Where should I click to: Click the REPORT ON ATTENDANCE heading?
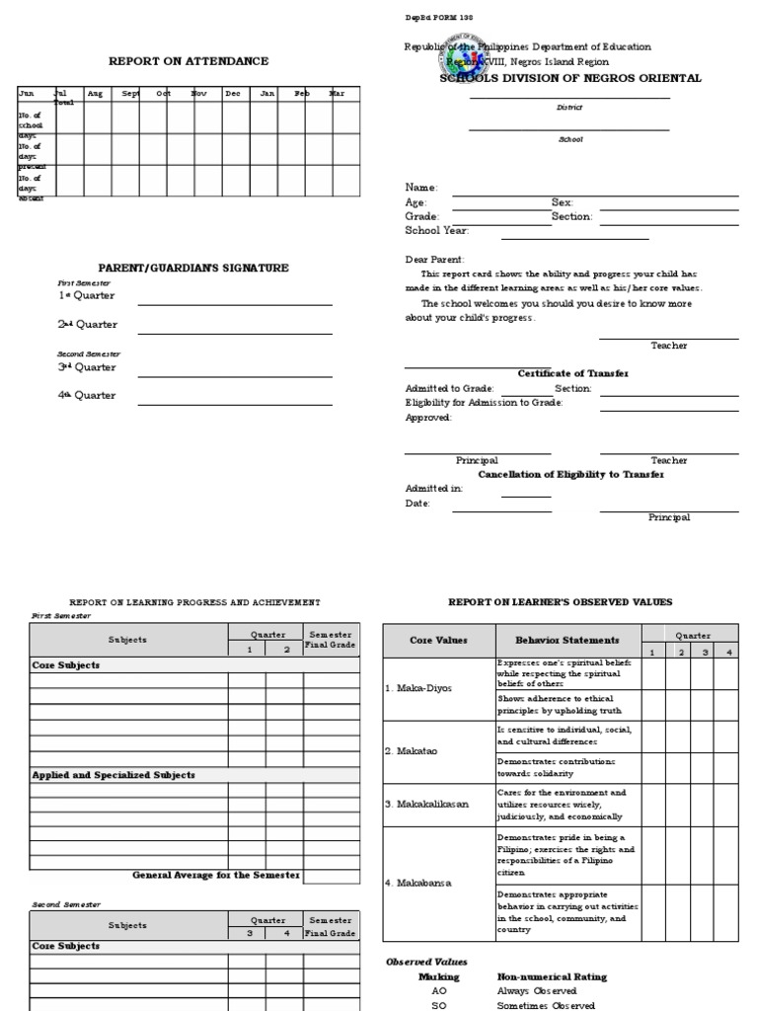(189, 61)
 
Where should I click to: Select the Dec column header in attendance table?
(233, 94)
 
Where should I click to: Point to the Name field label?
(421, 188)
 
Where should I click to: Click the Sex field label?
(562, 201)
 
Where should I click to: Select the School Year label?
(437, 230)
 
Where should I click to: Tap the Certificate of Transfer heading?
(573, 373)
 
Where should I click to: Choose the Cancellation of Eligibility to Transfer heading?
(571, 474)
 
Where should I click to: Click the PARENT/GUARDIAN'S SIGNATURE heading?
(193, 268)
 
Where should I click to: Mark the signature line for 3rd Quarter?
(235, 377)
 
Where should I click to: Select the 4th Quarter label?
(86, 395)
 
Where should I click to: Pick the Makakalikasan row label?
(426, 804)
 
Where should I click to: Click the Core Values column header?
(438, 641)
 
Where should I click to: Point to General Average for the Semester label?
(215, 875)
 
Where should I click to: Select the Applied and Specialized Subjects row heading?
(114, 775)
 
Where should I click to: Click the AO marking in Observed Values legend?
(439, 990)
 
